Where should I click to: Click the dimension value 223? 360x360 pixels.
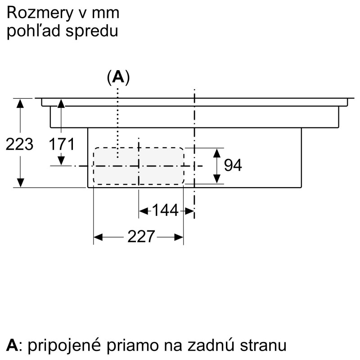click(x=19, y=144)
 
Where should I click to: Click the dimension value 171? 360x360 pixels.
click(x=62, y=144)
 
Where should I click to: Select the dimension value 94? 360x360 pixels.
click(x=233, y=165)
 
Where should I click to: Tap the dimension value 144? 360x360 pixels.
click(x=165, y=210)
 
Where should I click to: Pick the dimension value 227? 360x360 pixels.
click(x=141, y=237)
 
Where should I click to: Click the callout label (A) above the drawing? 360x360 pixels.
click(x=118, y=77)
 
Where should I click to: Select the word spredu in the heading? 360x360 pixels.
click(x=92, y=31)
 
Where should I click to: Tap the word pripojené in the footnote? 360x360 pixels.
click(x=64, y=346)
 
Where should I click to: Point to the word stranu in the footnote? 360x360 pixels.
click(x=263, y=346)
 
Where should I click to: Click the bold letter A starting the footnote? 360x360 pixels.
click(x=12, y=345)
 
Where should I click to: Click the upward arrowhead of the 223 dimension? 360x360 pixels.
click(x=20, y=103)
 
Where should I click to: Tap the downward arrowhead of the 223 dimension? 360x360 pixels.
click(x=20, y=183)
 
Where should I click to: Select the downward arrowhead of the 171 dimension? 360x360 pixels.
click(x=61, y=161)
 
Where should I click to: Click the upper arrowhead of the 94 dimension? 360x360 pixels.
click(x=217, y=153)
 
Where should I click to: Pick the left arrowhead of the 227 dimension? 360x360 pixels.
click(x=98, y=237)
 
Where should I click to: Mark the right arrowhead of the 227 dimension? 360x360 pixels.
click(x=179, y=237)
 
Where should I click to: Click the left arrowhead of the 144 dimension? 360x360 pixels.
click(x=144, y=211)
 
